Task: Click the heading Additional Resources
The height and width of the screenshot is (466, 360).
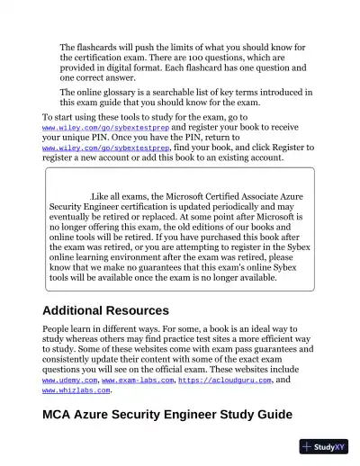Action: tap(106, 310)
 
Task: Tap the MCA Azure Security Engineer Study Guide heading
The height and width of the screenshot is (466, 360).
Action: tap(167, 415)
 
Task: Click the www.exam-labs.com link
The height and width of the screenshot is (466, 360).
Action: tap(137, 381)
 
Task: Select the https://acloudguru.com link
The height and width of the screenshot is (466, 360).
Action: tap(222, 381)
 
